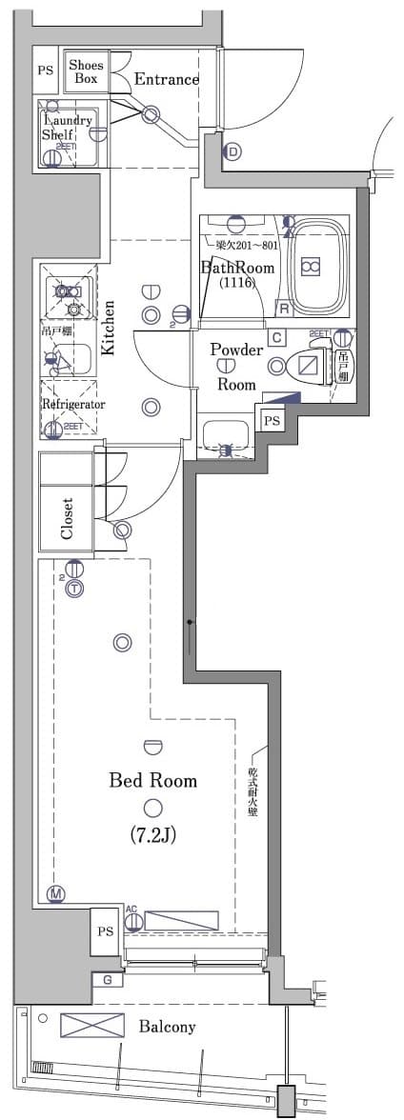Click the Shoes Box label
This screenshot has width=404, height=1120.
86,72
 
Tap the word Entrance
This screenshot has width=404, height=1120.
166,80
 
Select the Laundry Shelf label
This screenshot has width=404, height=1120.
66,128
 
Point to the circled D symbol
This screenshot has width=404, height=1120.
233,151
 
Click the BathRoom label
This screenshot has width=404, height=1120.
236,269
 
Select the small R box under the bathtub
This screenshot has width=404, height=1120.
283,308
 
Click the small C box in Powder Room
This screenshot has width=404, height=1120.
275,336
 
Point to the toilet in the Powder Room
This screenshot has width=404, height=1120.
307,367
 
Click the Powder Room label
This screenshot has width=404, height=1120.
236,367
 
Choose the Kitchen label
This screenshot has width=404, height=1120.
109,329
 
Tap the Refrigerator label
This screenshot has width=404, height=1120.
72,404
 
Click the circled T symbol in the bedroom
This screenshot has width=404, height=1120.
74,590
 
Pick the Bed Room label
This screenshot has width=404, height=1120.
152,781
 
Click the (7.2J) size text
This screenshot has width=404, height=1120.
152,835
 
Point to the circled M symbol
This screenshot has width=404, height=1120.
56,893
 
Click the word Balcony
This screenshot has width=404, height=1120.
167,1027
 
